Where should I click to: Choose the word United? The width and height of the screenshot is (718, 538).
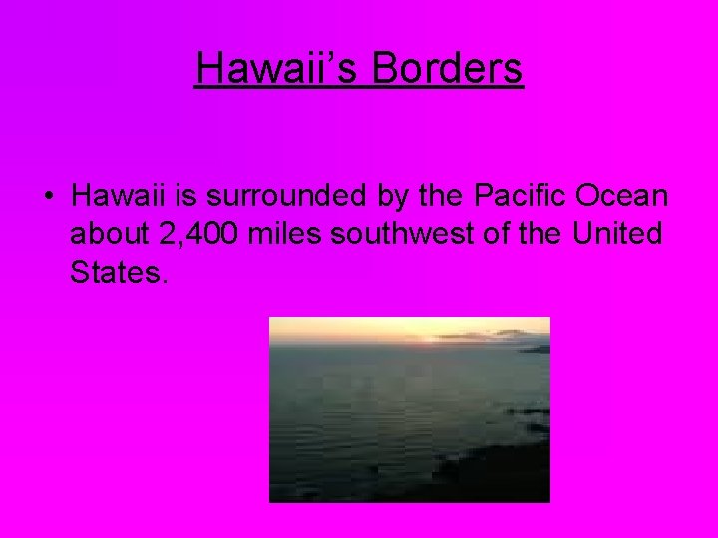pyautogui.click(x=618, y=234)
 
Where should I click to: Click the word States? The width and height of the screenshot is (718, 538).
pyautogui.click(x=115, y=272)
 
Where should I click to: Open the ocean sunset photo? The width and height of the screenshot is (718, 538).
pyautogui.click(x=409, y=409)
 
